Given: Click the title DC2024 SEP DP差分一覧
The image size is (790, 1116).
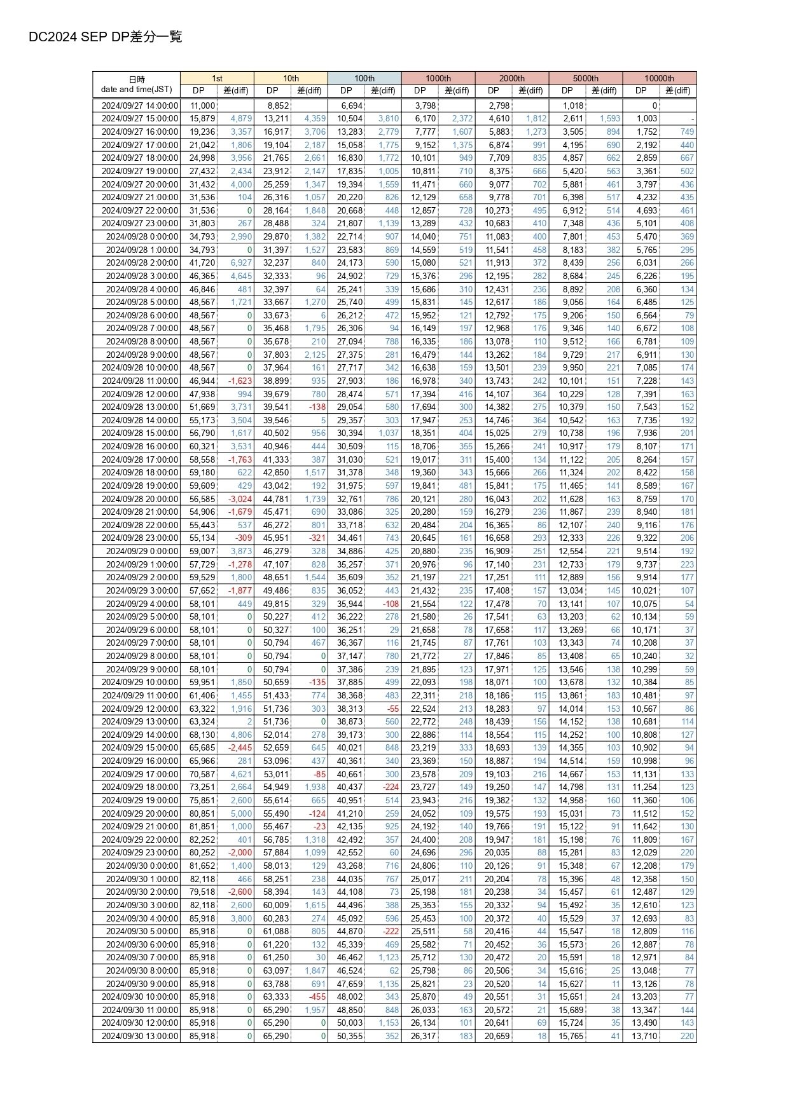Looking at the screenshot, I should [105, 37].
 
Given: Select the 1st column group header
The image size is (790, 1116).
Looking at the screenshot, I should [217, 78].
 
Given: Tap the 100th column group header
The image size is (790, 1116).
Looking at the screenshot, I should [364, 78].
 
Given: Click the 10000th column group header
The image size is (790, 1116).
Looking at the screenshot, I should [659, 78].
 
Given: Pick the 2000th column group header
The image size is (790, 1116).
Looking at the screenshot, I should [511, 78].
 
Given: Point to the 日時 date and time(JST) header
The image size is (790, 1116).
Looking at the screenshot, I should [136, 85].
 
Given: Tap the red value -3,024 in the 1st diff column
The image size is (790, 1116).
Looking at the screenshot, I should [240, 499].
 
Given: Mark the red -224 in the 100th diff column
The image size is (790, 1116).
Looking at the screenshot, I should [391, 787].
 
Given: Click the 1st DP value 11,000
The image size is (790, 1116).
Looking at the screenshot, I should [203, 105].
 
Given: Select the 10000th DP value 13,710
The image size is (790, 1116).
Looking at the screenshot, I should [644, 1036].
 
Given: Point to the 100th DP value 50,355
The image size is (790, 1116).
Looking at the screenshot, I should [349, 1036].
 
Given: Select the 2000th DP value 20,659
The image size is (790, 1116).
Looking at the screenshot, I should [497, 1036].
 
